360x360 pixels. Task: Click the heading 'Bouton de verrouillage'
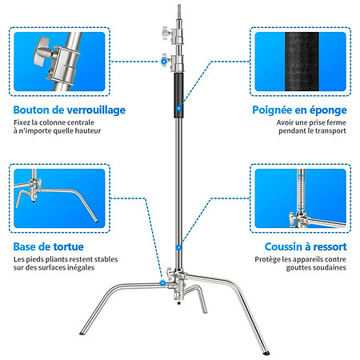click(x=70, y=110)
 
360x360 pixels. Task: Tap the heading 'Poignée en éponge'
click(x=299, y=110)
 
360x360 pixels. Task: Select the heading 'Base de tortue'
click(x=48, y=246)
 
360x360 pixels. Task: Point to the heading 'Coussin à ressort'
click(x=306, y=246)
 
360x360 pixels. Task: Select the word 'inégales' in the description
click(x=82, y=267)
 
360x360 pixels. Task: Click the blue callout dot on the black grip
click(x=179, y=108)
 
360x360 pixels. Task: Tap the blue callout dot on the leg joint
click(x=162, y=283)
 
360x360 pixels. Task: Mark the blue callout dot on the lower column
click(x=179, y=248)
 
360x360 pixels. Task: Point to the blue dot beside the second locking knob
click(x=164, y=62)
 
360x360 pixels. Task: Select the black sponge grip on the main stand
click(x=179, y=95)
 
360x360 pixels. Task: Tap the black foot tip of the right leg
click(x=266, y=353)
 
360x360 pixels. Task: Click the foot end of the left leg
click(x=82, y=333)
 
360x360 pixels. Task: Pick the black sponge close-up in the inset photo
click(x=302, y=62)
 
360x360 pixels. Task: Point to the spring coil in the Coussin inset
click(x=301, y=192)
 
